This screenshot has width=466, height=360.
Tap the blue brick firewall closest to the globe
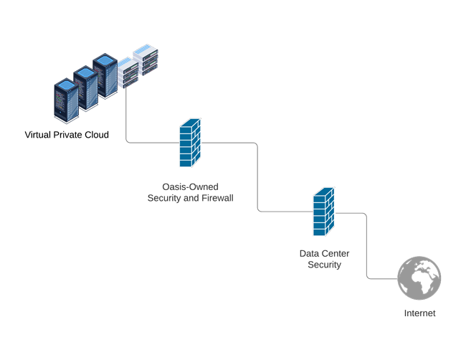coord(323,213)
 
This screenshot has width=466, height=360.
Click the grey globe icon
coord(419,280)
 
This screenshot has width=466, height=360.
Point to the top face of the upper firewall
coord(189,123)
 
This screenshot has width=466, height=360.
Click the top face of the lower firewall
coord(324,190)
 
